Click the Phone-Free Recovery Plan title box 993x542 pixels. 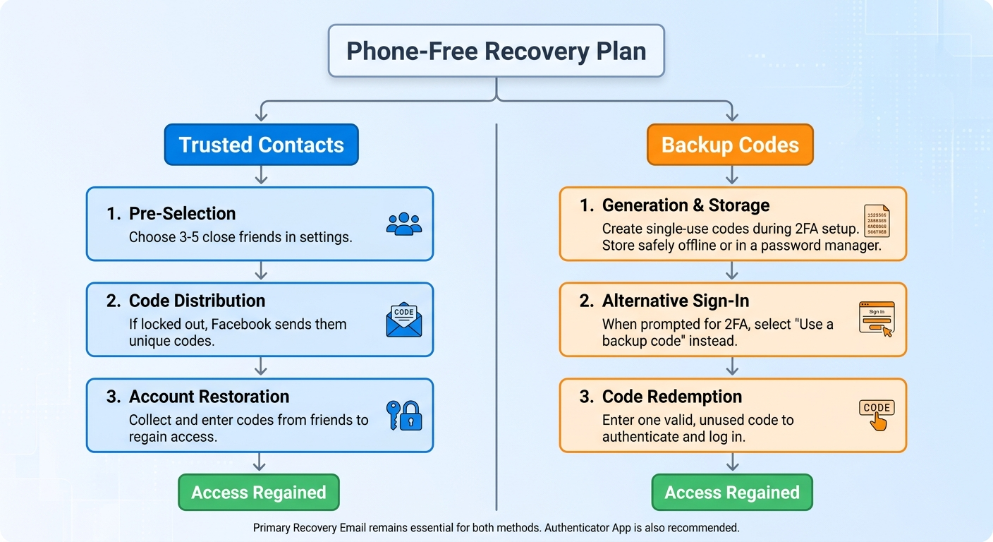pos(496,51)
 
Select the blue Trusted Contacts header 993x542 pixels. pos(261,145)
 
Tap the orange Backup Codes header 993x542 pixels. pos(730,145)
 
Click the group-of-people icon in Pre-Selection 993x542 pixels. pos(404,224)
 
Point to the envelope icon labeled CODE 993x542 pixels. pos(404,320)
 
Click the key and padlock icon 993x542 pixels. pos(404,416)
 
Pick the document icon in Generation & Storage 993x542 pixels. pos(877,221)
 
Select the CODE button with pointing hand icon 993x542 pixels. pos(877,415)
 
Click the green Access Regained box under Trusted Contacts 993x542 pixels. pos(259,493)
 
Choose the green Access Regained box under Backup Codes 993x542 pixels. pos(732,493)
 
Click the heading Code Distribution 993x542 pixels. pos(197,301)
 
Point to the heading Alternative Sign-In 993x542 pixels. pos(676,301)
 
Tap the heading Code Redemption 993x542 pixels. pos(672,397)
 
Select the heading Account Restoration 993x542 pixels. pos(209,397)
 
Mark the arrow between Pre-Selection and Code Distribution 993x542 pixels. pos(261,270)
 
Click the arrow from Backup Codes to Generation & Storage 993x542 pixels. pos(732,175)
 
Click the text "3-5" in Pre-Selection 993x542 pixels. pos(189,237)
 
